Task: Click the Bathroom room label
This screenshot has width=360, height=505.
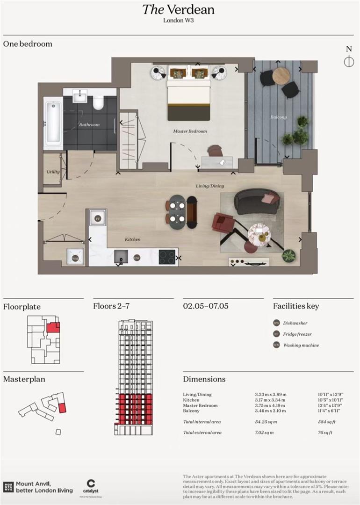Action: click(x=89, y=125)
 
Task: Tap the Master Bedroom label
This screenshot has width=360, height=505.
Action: click(x=190, y=131)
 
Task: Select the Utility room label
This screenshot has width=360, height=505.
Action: click(x=53, y=172)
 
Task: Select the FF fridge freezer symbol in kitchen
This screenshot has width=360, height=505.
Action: click(x=98, y=218)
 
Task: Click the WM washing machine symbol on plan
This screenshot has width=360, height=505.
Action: click(x=75, y=257)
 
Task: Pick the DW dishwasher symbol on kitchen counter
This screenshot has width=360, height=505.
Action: click(x=137, y=258)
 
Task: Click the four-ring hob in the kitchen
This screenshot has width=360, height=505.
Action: click(x=167, y=257)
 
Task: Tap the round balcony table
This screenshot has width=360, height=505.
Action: click(x=281, y=76)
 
